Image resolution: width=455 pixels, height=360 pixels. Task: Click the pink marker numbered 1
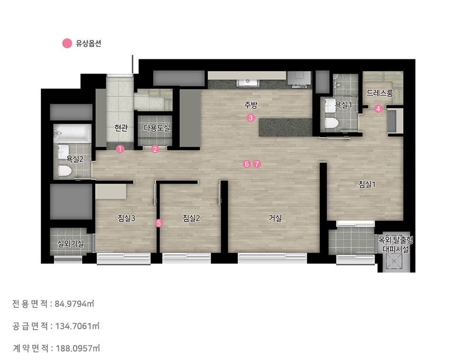click(x=120, y=149)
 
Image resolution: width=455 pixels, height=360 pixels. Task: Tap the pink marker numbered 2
click(x=155, y=149)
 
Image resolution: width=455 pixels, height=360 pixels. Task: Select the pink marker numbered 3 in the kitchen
click(x=251, y=118)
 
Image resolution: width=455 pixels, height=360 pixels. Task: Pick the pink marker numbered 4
click(x=378, y=109)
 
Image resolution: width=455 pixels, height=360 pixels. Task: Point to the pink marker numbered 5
click(x=158, y=223)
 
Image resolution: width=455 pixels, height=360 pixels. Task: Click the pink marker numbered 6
click(x=246, y=164)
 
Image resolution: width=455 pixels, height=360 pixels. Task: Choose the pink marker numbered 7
click(x=257, y=164)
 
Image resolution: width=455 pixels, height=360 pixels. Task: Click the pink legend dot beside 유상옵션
click(x=67, y=44)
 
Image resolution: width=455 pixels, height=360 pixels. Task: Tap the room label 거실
click(x=275, y=218)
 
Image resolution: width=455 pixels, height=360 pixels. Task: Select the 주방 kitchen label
click(x=251, y=105)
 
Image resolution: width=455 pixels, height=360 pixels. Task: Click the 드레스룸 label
click(x=380, y=93)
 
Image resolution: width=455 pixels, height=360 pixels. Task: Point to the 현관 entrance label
click(x=121, y=127)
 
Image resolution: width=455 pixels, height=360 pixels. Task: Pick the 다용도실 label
click(x=157, y=127)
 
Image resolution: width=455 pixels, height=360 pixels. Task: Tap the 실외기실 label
click(x=71, y=243)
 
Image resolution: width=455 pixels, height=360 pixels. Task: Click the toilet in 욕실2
click(x=65, y=171)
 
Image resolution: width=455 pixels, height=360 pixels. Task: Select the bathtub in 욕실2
click(x=72, y=134)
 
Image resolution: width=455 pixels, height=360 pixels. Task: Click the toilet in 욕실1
click(x=332, y=123)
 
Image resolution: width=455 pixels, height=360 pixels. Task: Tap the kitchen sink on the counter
click(x=248, y=83)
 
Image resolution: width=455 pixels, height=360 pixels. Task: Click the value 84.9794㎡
click(x=74, y=304)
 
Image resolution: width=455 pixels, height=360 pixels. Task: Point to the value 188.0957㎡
click(x=78, y=348)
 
